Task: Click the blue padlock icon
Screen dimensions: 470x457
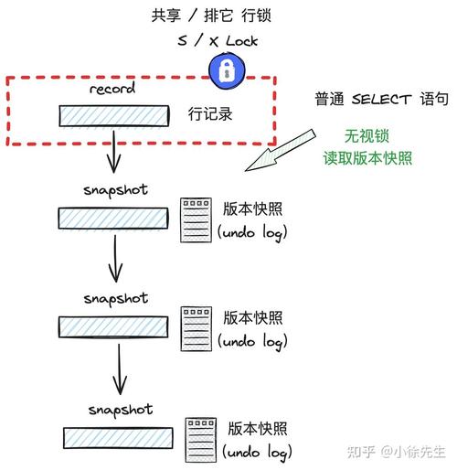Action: (x=224, y=69)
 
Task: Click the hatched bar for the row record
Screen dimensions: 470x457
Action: (x=114, y=116)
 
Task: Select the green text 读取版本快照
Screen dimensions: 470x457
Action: (x=367, y=156)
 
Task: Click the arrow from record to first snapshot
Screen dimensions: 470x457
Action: (x=112, y=150)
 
